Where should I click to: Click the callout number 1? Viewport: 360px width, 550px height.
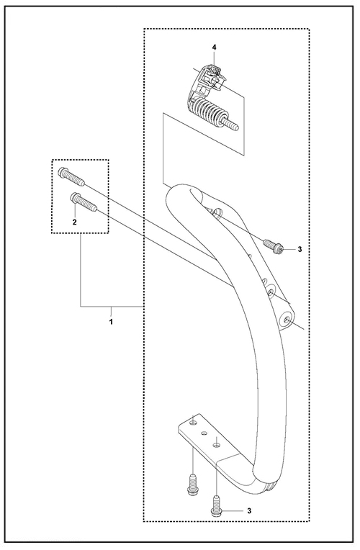(111, 321)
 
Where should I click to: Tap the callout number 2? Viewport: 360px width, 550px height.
(74, 222)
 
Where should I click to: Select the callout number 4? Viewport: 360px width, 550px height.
(215, 47)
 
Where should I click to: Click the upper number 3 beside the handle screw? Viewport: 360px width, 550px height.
(300, 249)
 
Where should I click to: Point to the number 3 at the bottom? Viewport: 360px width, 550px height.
(249, 510)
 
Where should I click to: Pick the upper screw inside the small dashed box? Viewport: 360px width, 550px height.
(71, 176)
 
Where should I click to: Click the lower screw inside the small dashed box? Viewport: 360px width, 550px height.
(84, 202)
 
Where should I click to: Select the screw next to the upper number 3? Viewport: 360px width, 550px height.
(273, 245)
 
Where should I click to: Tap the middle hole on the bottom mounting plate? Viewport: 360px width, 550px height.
(203, 433)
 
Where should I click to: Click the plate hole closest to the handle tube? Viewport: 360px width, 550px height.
(216, 445)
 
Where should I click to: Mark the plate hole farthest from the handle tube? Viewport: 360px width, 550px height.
(192, 423)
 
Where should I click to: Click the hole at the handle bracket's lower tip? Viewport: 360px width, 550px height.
(287, 319)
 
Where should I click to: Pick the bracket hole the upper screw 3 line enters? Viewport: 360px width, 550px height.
(219, 212)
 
